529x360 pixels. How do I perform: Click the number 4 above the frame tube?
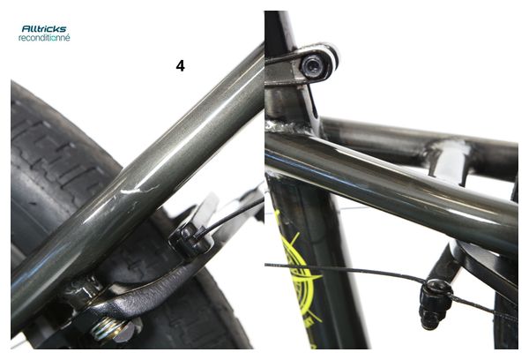(180, 66)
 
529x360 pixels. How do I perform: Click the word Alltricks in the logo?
(44, 29)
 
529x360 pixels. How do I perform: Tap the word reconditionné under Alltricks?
(44, 37)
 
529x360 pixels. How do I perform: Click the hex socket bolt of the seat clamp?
(312, 65)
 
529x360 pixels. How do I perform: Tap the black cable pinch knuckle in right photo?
(435, 303)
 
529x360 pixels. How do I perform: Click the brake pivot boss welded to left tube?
(83, 290)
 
